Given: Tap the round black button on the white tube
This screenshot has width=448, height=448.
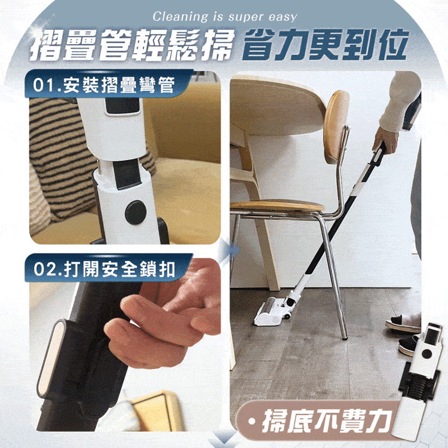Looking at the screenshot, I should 136,213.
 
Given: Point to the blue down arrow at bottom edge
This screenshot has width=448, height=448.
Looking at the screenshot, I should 224,440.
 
